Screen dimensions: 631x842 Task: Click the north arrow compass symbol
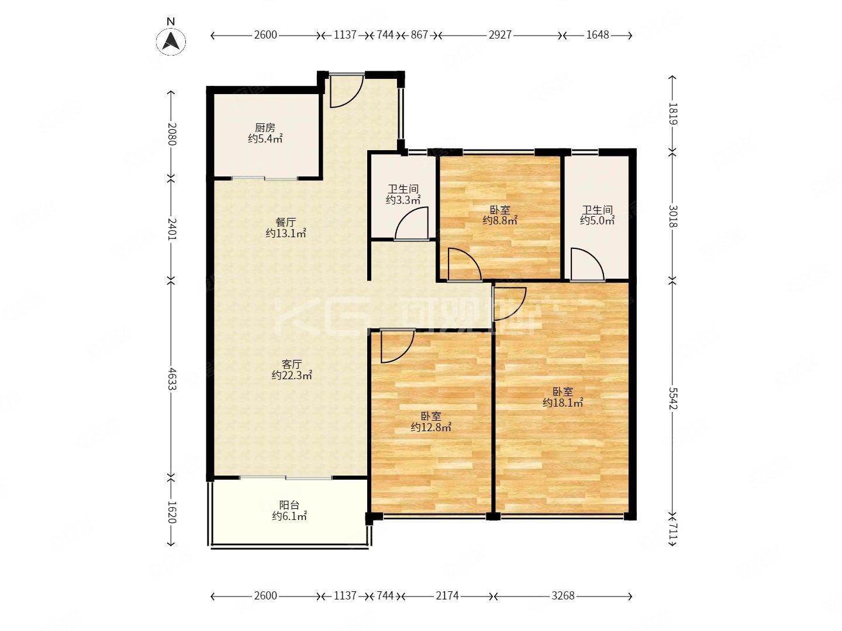click(171, 40)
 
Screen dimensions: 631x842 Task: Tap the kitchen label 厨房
click(265, 127)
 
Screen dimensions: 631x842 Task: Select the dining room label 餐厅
click(285, 222)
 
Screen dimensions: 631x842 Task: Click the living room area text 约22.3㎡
click(291, 375)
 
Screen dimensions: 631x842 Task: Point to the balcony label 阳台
click(289, 505)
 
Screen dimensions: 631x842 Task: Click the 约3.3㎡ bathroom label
click(403, 200)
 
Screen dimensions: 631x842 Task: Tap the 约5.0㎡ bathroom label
click(597, 220)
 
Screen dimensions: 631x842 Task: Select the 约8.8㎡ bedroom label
click(499, 220)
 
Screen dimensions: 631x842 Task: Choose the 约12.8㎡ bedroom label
click(430, 427)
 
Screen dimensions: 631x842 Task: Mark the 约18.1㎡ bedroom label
click(563, 402)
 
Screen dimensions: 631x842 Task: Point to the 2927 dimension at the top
click(500, 35)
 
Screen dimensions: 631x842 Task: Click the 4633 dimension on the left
click(171, 379)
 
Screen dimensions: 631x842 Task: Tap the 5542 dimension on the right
click(672, 398)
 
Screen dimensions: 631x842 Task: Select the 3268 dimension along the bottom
click(563, 596)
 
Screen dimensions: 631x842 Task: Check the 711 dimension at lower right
click(672, 532)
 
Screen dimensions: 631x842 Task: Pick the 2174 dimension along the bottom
click(447, 596)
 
